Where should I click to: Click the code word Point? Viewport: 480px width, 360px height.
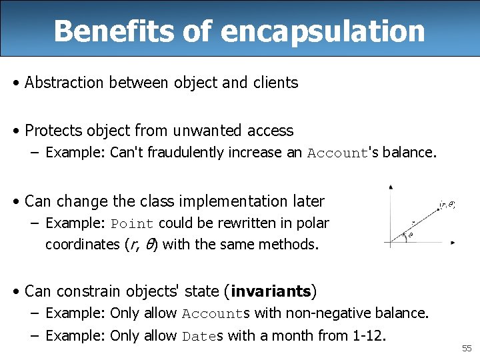click(132, 223)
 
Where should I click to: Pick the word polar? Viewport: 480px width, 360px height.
click(313, 223)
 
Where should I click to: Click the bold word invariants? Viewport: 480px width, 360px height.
click(271, 291)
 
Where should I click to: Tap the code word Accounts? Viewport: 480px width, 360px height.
click(215, 313)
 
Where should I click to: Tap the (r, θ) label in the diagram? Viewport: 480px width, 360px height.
click(447, 205)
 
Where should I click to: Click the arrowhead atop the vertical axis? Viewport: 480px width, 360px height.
click(391, 187)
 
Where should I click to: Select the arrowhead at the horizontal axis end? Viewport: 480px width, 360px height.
click(453, 242)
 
